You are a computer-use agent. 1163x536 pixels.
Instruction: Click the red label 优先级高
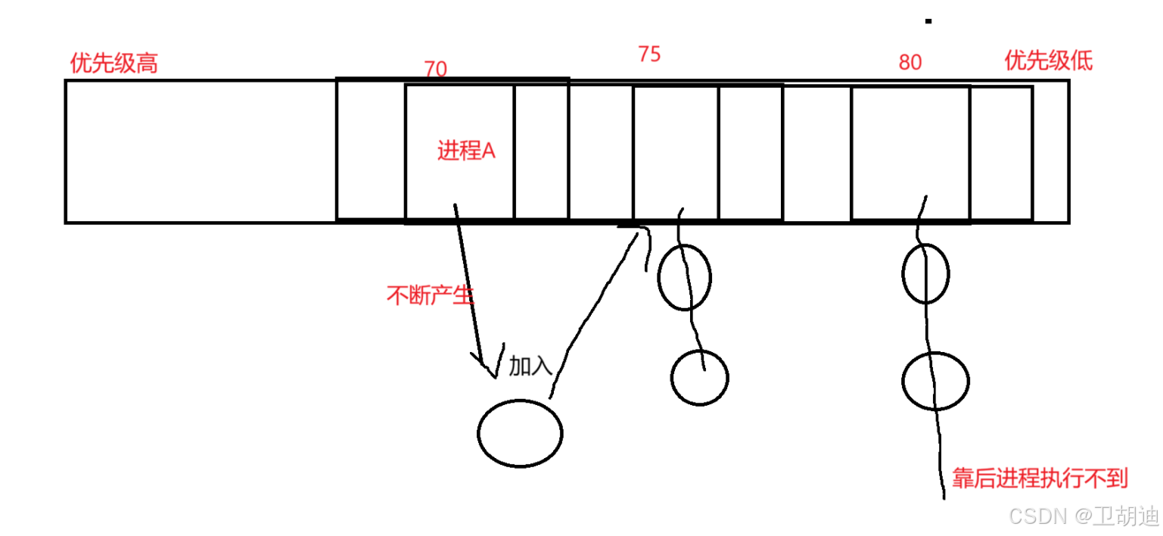tap(114, 63)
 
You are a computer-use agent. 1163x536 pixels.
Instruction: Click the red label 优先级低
tap(1048, 61)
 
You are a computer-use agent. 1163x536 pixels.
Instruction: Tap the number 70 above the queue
tap(435, 69)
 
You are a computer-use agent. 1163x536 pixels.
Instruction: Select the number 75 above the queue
tap(649, 55)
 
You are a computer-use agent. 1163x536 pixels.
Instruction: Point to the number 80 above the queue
tap(910, 62)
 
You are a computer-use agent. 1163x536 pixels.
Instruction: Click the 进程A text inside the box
tap(466, 151)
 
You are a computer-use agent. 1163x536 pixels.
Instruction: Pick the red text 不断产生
tap(430, 295)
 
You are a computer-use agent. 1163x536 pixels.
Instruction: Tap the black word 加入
tap(530, 366)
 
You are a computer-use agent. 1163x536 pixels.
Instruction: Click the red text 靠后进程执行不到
tap(1040, 478)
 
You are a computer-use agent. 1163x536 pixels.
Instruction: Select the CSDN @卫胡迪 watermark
tap(1084, 516)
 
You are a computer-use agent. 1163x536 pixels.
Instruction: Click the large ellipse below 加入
tap(520, 433)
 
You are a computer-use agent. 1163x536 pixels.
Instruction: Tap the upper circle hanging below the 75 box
tap(684, 277)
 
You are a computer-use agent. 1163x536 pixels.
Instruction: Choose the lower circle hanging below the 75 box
tap(699, 377)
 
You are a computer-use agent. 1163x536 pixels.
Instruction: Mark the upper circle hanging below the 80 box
tap(925, 273)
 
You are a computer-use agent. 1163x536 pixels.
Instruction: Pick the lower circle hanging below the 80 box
tap(935, 381)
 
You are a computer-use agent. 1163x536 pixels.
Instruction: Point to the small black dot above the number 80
tap(928, 21)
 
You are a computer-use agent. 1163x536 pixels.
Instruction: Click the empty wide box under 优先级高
tap(201, 151)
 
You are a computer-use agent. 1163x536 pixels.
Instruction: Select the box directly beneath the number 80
tap(910, 153)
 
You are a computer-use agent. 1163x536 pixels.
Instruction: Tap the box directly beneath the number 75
tap(675, 153)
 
